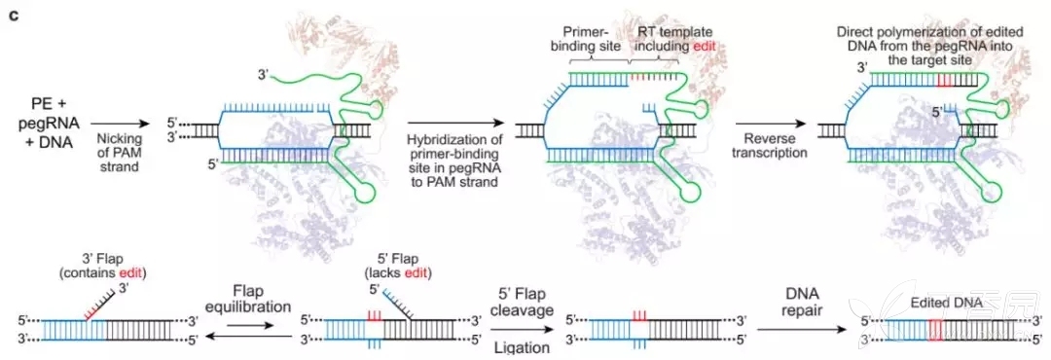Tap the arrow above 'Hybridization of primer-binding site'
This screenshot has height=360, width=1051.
[x=455, y=124]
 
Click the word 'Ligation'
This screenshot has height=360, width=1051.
[x=523, y=347]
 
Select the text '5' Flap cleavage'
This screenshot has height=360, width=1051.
[x=523, y=303]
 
